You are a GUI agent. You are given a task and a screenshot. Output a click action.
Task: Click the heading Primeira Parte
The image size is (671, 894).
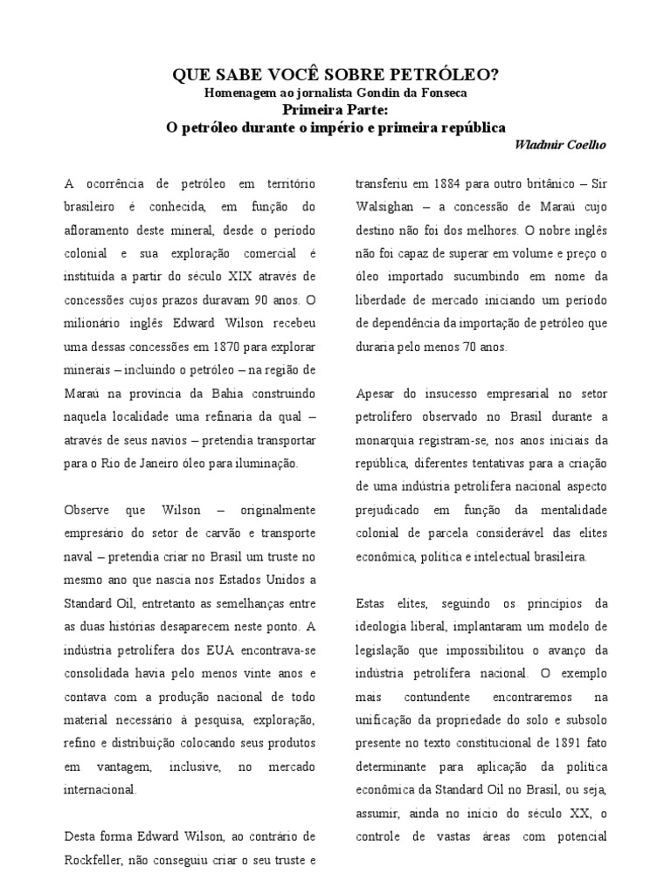335,109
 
